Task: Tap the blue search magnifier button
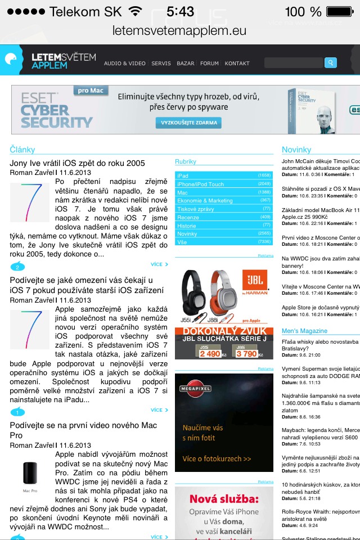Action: pos(331,63)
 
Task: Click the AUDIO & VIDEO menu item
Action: pos(124,64)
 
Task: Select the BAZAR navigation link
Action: pos(186,64)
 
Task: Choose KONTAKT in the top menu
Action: pos(237,64)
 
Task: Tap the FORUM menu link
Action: pos(209,64)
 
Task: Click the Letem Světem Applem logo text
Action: pos(64,61)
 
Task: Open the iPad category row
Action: pos(223,175)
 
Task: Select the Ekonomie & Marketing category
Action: pos(223,200)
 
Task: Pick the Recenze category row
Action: pos(223,217)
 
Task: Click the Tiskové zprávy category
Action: pos(223,209)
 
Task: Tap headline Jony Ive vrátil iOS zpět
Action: pos(77,163)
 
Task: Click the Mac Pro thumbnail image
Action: pos(30,474)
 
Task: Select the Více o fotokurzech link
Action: pos(217,458)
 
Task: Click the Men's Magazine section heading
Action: pos(304,331)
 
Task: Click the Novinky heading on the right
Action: pos(296,150)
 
